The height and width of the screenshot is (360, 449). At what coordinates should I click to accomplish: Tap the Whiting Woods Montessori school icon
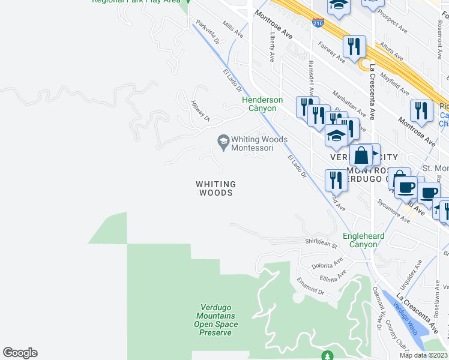[223, 140]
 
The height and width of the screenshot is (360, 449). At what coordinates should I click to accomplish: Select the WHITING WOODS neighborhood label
[215, 188]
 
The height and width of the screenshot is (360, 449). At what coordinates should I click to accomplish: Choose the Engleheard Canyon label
[363, 240]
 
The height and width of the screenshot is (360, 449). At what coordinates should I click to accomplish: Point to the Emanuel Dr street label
[310, 288]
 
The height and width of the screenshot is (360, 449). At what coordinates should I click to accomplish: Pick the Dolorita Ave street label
[327, 263]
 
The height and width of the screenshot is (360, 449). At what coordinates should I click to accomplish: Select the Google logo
[20, 353]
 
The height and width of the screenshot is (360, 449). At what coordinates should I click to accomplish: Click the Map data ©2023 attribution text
[424, 355]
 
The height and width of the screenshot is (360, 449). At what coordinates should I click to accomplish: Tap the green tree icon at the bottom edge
[327, 356]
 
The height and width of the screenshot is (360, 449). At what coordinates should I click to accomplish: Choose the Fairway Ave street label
[331, 52]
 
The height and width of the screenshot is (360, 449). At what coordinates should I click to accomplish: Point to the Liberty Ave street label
[272, 47]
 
